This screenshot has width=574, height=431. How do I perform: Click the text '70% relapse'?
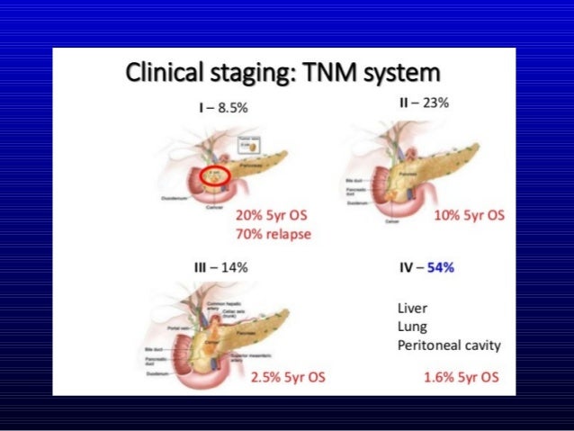pos(272,233)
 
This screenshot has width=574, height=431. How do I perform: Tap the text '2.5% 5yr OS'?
pos(288,376)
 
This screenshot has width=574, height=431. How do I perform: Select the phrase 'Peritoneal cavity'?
pos(449,346)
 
